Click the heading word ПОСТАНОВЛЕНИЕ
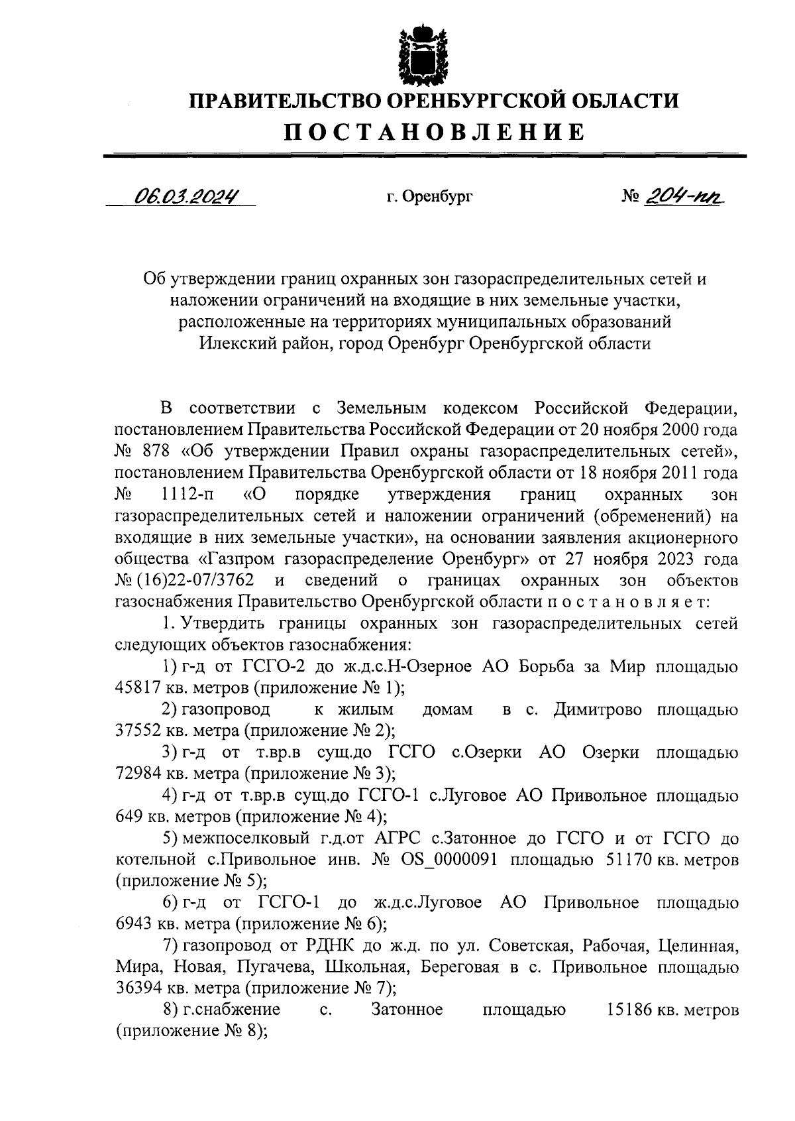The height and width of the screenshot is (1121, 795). point(435,132)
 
